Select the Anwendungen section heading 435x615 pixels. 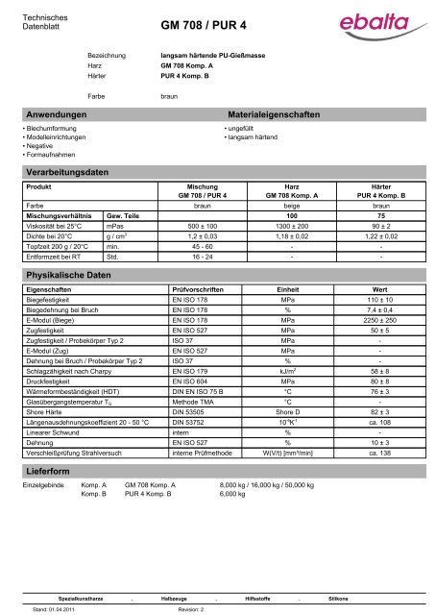[x=60, y=113]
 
